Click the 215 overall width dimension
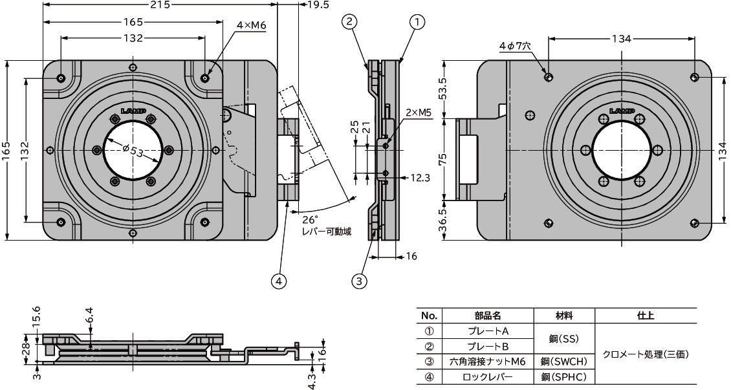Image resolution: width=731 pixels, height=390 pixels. pos(160,5)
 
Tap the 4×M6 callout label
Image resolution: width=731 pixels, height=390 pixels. pos(252,25)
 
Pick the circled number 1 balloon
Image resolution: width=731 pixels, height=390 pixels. pos(417,22)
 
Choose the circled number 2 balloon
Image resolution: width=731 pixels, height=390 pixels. pos(349,22)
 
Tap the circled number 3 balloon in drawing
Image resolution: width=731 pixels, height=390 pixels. pos(360,281)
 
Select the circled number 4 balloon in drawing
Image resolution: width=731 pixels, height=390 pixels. pos(279,281)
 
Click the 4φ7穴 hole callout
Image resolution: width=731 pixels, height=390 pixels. pos(515,47)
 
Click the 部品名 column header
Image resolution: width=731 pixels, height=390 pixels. pos(488,316)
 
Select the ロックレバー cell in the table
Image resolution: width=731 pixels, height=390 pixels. pos(488,376)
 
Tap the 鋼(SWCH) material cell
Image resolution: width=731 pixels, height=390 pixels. pos(563,362)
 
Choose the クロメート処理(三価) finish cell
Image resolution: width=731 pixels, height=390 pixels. pos(645,354)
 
